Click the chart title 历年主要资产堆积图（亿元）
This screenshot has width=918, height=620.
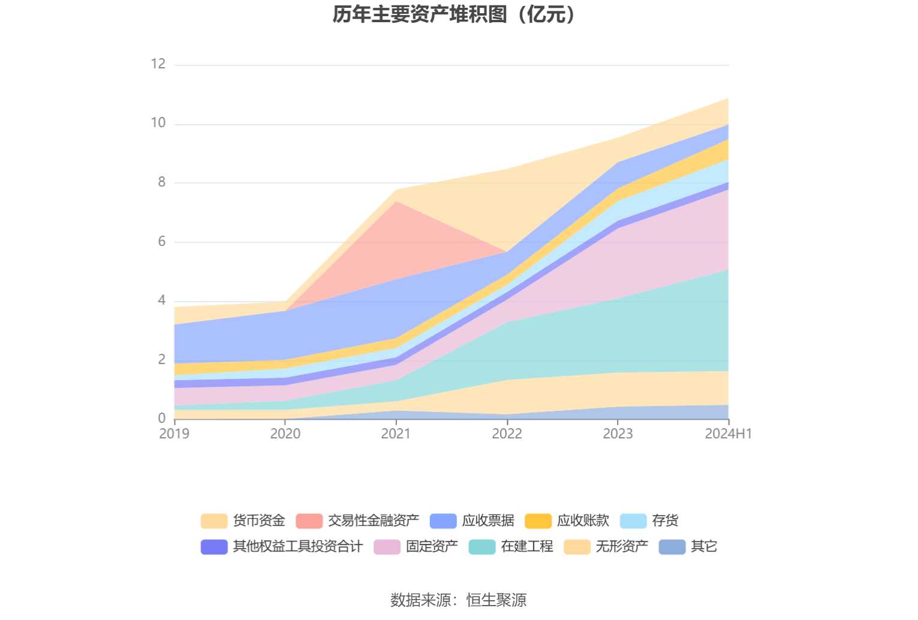point(454,14)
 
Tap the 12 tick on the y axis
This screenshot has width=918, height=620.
point(158,64)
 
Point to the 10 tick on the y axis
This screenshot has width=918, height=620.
point(158,123)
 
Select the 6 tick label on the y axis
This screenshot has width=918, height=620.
point(162,242)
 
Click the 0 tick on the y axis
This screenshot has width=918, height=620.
point(162,419)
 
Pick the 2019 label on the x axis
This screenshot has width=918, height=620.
point(174,434)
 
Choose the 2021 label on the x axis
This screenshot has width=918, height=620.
point(396,434)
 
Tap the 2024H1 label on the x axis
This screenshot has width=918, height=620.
point(728,434)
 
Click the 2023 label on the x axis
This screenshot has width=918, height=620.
point(618,434)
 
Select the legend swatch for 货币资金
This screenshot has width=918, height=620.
point(214,521)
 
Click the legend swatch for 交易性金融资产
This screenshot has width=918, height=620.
point(309,521)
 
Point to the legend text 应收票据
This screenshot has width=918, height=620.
point(488,520)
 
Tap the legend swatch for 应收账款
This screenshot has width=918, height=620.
point(538,521)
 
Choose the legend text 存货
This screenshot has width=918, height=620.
point(665,520)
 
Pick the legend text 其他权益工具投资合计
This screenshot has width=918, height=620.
point(297,546)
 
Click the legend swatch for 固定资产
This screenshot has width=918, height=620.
point(387,547)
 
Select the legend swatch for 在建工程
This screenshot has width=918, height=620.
point(481,547)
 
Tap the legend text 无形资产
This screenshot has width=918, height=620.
point(622,546)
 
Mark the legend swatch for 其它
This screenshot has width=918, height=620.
point(672,547)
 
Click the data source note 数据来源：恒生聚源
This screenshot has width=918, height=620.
point(459,600)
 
